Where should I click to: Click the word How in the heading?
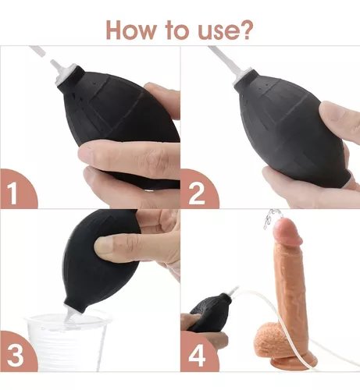click(x=130, y=30)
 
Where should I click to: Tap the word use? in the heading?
click(x=225, y=30)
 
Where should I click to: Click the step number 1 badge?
click(x=18, y=189)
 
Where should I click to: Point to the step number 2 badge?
click(x=198, y=190)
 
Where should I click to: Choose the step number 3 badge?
click(x=18, y=352)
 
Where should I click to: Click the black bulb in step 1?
click(x=123, y=125)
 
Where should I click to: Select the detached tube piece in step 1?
click(x=37, y=51)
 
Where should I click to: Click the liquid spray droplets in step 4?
click(x=269, y=219)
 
